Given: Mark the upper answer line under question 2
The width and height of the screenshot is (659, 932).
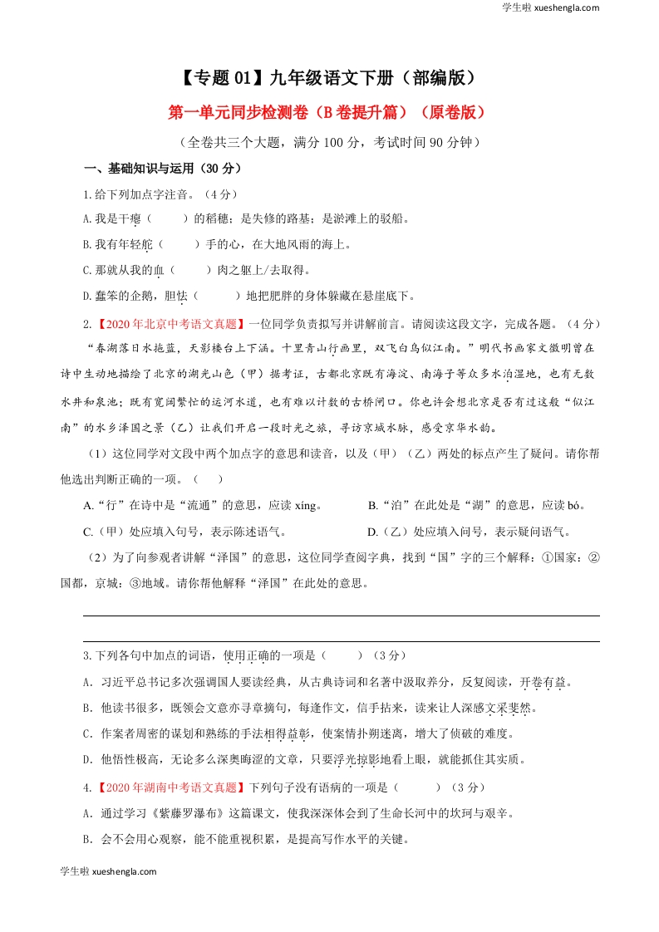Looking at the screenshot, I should coord(341,616).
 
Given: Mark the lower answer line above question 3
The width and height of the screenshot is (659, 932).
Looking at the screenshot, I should coord(341,641).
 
